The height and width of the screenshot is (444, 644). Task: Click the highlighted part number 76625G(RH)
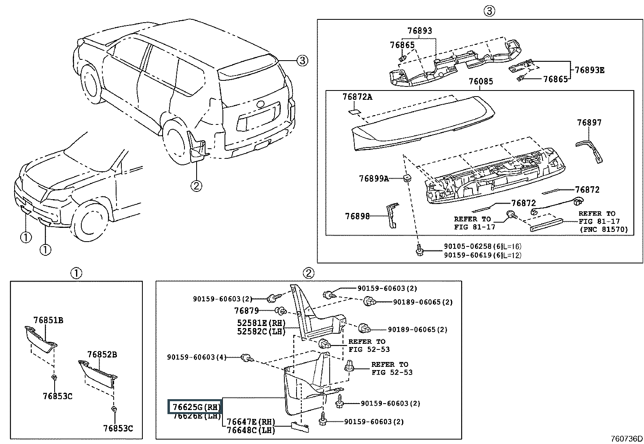pos(197,407)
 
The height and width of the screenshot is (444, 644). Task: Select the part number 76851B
pos(48,320)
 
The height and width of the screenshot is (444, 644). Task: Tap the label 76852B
pos(102,354)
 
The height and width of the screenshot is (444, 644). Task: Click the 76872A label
pos(357,97)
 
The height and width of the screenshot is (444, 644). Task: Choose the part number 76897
pos(589,123)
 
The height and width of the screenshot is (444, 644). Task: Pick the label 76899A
pos(374,179)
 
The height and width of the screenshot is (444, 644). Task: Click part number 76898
pos(357,216)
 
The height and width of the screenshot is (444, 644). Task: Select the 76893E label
pos(590,70)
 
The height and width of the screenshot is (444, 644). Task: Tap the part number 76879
pos(246,310)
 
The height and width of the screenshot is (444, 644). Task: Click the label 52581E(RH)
pos(261,323)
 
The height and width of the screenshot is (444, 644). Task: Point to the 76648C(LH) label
pos(251,430)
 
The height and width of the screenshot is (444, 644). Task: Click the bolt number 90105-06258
pos(468,246)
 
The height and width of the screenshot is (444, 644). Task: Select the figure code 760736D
pos(627,438)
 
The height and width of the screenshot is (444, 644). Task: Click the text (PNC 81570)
pos(604,229)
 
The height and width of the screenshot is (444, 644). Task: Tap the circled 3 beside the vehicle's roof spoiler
pos(302,61)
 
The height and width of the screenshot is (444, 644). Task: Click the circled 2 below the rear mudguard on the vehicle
pos(196,186)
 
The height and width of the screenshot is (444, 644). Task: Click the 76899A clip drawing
pos(407,178)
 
